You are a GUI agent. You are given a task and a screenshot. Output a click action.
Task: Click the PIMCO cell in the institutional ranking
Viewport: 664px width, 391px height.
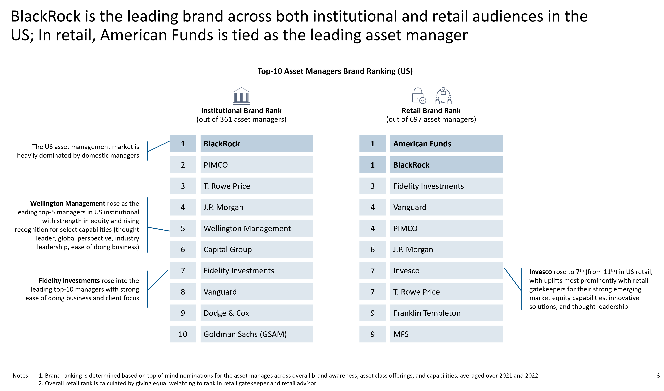(257, 165)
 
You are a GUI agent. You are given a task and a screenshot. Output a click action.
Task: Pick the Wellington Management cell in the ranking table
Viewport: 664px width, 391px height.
(257, 228)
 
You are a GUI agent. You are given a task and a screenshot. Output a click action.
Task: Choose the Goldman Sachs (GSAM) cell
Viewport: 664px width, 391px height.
(257, 334)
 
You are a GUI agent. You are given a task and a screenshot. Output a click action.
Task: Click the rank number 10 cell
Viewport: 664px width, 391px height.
(183, 334)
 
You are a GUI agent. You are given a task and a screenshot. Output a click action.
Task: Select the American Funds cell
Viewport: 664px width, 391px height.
(446, 144)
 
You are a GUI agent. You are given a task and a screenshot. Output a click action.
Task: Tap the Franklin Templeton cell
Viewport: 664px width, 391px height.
(446, 313)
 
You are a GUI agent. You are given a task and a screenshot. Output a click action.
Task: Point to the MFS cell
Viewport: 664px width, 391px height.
(446, 334)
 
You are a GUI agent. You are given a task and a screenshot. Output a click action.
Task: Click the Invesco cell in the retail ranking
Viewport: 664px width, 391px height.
(446, 271)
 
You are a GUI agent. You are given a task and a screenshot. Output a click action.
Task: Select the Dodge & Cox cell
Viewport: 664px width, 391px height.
(257, 313)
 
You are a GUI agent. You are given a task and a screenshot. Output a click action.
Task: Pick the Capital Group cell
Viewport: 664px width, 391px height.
(257, 249)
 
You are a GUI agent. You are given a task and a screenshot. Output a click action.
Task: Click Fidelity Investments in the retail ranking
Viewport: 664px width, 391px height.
(446, 186)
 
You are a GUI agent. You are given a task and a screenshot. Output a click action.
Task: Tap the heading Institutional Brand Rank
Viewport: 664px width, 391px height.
(241, 111)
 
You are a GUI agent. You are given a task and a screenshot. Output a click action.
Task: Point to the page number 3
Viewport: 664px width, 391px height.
(658, 376)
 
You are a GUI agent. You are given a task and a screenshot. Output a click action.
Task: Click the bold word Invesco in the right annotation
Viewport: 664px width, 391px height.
(540, 272)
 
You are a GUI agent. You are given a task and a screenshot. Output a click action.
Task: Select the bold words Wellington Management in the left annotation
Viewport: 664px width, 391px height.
(68, 203)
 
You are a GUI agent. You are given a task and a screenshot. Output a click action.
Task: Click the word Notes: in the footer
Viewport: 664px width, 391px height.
(21, 376)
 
